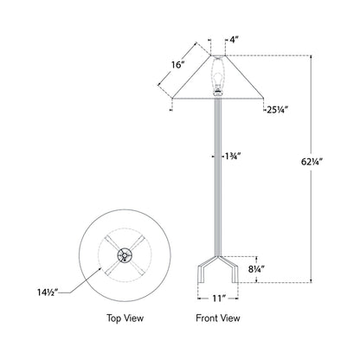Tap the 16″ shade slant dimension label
click(177, 65)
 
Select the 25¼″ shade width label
click(277, 110)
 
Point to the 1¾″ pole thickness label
click(233, 157)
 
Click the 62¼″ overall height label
click(312, 162)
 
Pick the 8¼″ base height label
click(256, 269)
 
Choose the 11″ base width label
click(219, 299)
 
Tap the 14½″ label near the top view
click(48, 292)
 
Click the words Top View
click(125, 318)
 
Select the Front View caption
click(218, 318)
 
